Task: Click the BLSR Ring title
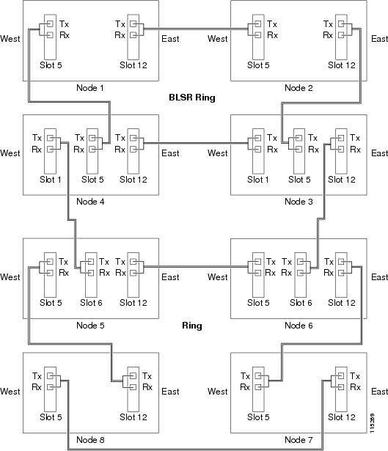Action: coord(192,98)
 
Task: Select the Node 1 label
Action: coord(90,88)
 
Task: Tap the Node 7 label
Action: coord(299,440)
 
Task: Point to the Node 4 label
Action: coord(90,202)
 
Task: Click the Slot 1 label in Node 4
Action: coord(51,180)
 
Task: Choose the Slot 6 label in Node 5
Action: coord(91,303)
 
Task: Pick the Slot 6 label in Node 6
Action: coord(301,303)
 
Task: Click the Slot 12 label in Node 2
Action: coord(342,65)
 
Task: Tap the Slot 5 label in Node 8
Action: coord(51,417)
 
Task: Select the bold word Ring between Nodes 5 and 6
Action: coord(192,326)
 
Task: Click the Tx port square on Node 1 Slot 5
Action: coord(51,23)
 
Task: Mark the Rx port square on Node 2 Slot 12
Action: coord(341,35)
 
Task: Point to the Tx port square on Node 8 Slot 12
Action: coord(133,376)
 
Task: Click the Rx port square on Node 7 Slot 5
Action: coord(258,387)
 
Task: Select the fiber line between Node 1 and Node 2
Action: coord(195,29)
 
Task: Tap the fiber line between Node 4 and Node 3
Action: coord(195,143)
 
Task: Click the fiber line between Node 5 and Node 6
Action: coord(195,267)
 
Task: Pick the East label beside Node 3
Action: coord(379,153)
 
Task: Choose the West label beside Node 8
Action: coord(10,392)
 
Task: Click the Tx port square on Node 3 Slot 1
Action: coord(258,138)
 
